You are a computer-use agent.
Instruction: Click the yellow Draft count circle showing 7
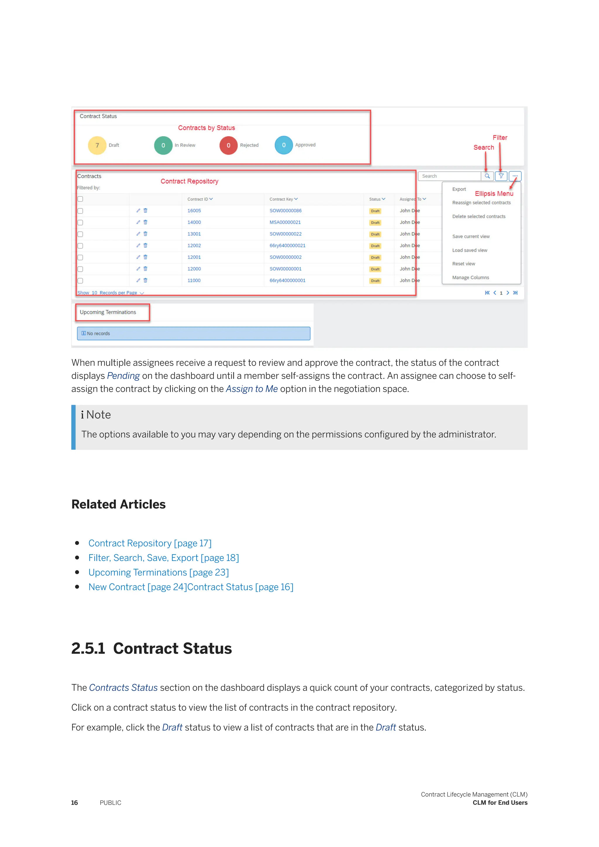coord(97,145)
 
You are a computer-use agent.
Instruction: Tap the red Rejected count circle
coord(228,145)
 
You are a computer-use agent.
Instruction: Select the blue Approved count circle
coord(284,145)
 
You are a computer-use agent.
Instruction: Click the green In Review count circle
coord(163,145)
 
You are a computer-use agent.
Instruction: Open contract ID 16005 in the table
coord(194,211)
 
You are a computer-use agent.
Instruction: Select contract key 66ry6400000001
coord(287,280)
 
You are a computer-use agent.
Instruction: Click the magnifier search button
coord(487,176)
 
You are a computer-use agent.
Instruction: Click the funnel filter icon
coord(501,176)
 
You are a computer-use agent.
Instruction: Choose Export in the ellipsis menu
coord(459,189)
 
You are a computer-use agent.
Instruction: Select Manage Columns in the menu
coord(470,278)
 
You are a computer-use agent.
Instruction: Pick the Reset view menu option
coord(464,264)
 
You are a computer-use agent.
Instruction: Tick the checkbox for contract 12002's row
coord(80,246)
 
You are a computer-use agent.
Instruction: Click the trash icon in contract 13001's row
coord(145,234)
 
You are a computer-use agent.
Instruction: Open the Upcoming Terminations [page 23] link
coord(159,573)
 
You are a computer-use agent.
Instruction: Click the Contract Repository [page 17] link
coord(150,543)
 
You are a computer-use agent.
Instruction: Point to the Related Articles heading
coord(118,504)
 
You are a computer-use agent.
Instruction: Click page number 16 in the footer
coord(75,803)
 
